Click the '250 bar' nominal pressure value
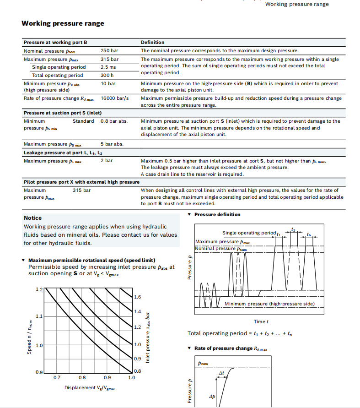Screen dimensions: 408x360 click(x=109, y=51)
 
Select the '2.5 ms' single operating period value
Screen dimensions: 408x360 click(x=108, y=67)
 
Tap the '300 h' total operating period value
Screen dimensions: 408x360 click(x=107, y=75)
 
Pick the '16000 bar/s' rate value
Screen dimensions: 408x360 click(x=115, y=98)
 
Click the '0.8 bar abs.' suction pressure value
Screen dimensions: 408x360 click(x=114, y=121)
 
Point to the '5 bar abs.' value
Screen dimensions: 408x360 click(x=112, y=144)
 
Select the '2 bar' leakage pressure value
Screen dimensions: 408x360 click(x=107, y=161)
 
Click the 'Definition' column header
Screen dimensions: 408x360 click(x=153, y=43)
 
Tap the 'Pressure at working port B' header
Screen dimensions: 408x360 click(x=55, y=43)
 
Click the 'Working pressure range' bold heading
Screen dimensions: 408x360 click(x=63, y=23)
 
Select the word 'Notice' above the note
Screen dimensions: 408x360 click(x=32, y=218)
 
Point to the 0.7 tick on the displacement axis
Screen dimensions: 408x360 click(x=57, y=378)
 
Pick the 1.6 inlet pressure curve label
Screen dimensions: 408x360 click(x=137, y=297)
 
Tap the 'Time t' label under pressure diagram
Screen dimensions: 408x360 click(x=261, y=322)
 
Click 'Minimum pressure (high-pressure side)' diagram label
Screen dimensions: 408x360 click(x=269, y=304)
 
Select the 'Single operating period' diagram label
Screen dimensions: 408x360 click(x=249, y=233)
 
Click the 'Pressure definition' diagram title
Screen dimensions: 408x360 click(x=217, y=214)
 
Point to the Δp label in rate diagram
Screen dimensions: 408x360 click(x=212, y=397)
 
